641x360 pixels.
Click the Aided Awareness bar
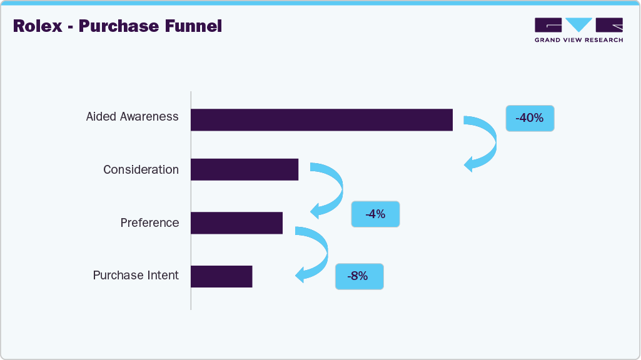(x=321, y=120)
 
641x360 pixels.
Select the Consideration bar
(x=245, y=169)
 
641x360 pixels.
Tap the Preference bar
(x=236, y=222)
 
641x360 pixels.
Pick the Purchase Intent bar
(x=221, y=276)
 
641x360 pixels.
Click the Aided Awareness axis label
(x=132, y=117)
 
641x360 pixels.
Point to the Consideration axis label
(x=141, y=170)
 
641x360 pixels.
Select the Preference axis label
(x=149, y=223)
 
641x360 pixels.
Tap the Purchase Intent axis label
(x=136, y=276)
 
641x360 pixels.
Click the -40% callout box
(x=530, y=117)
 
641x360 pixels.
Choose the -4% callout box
(x=375, y=214)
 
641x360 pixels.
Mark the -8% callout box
(x=359, y=276)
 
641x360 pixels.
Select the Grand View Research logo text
(x=578, y=40)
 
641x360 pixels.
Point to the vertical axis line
(x=191, y=200)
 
